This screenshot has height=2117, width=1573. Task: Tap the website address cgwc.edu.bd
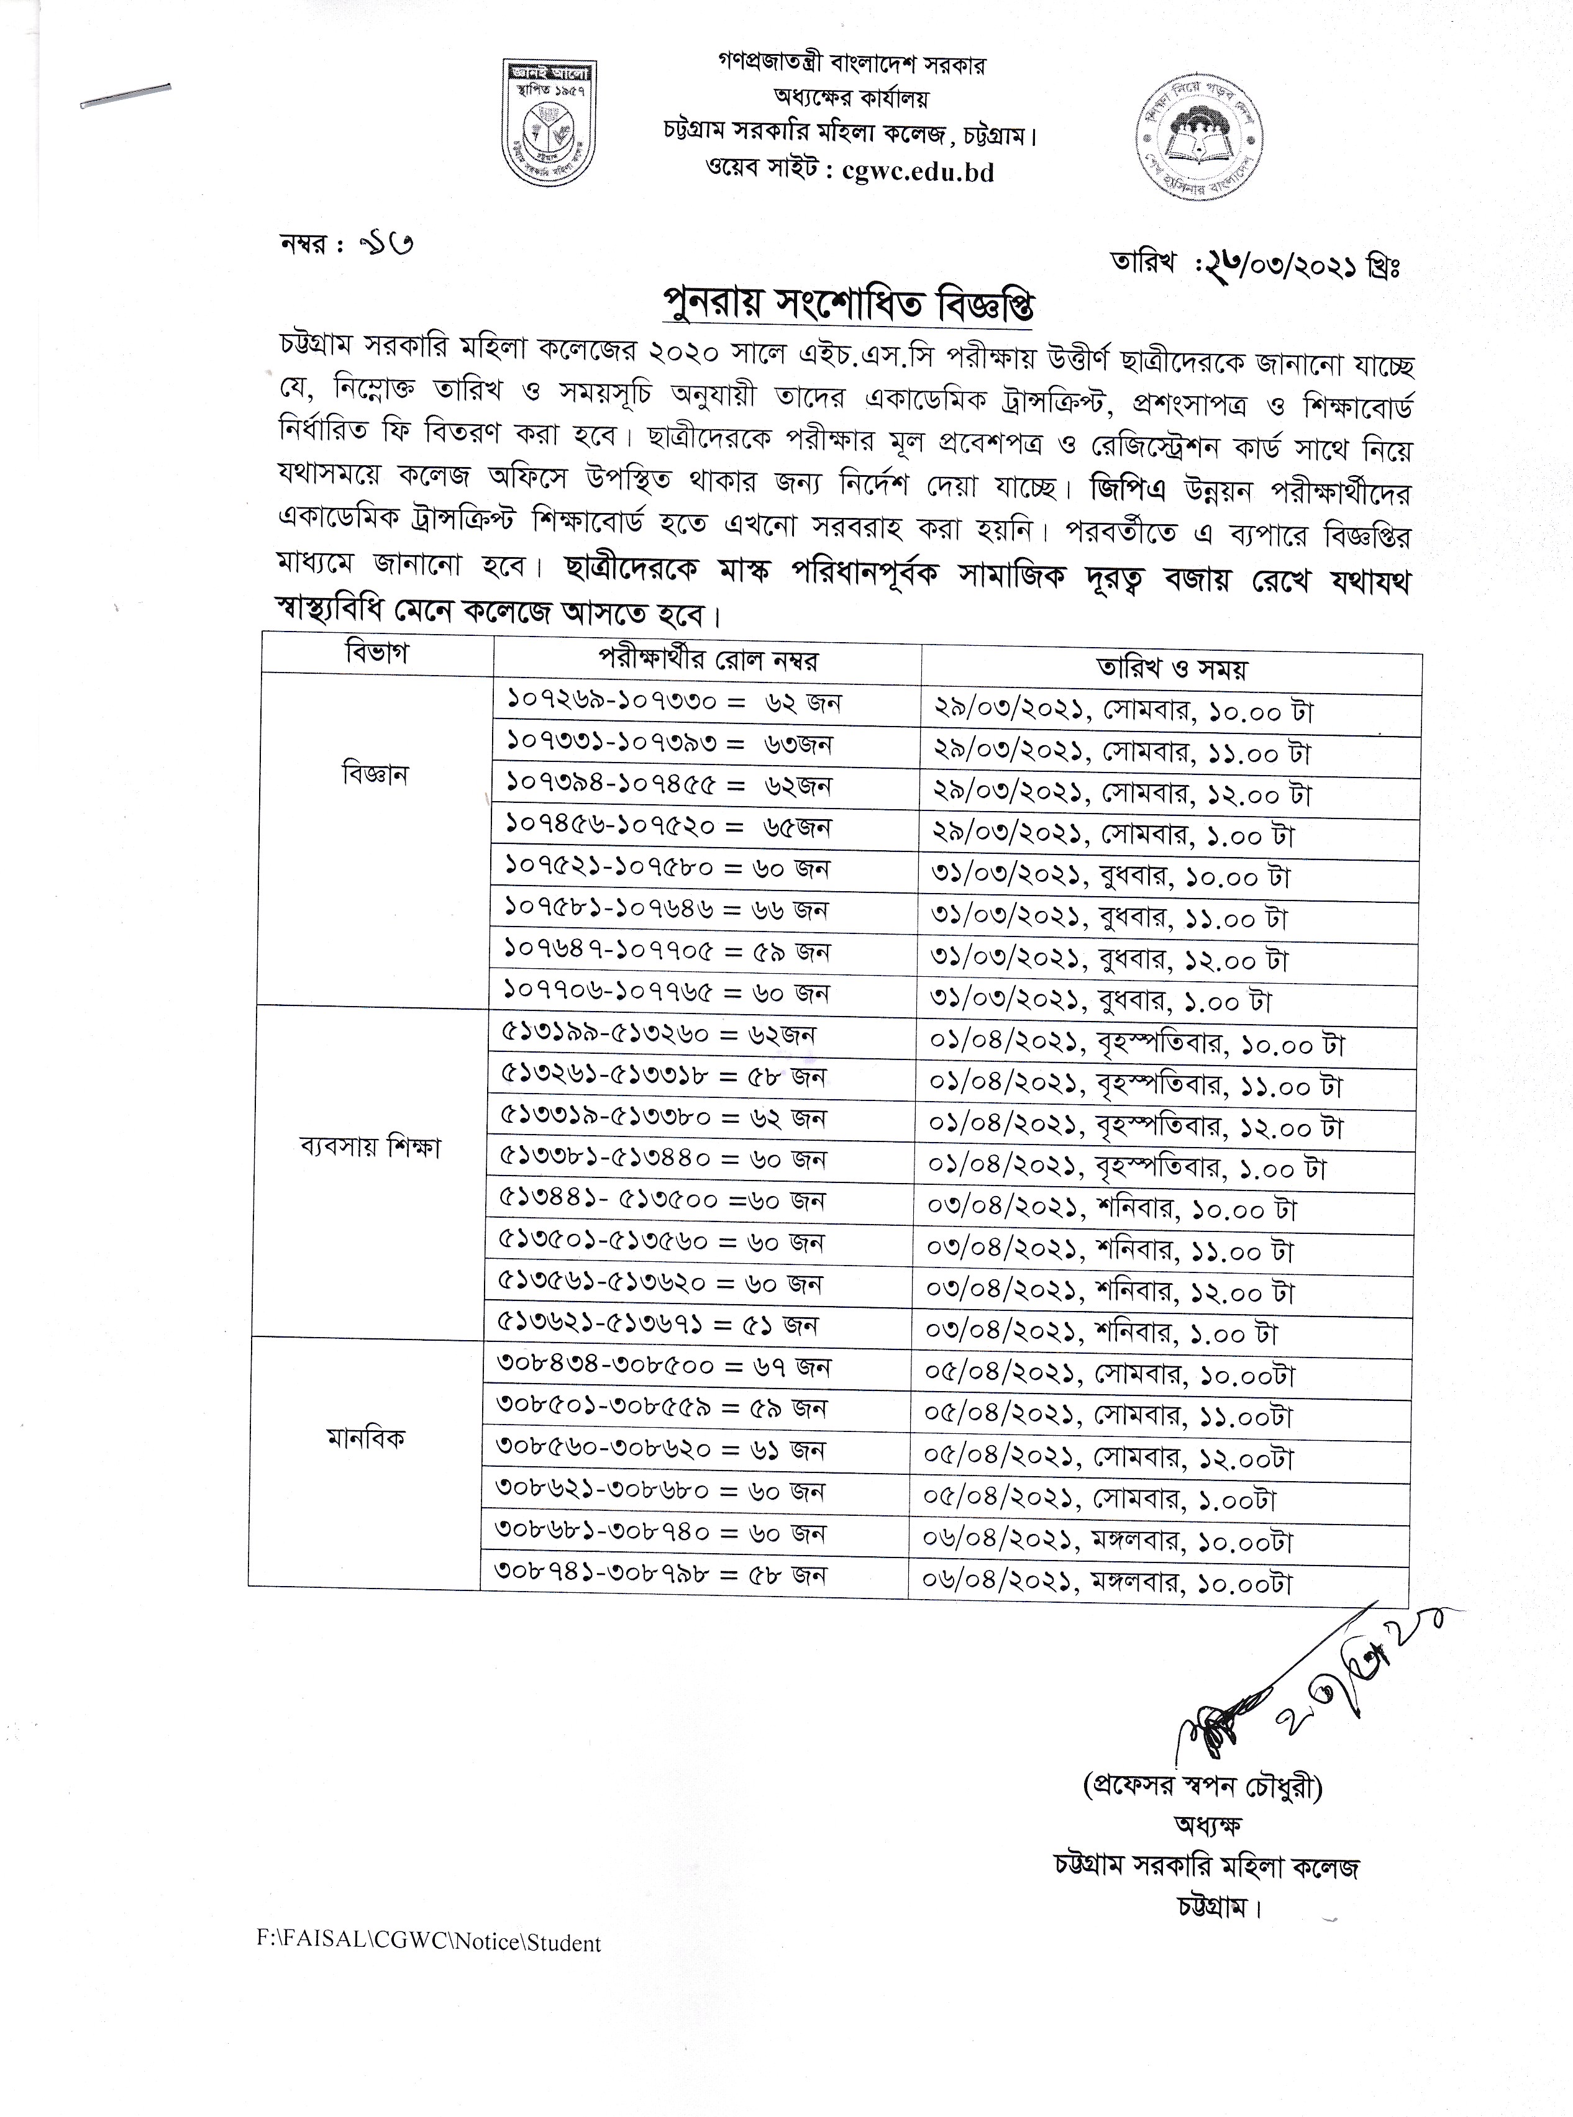pyautogui.click(x=919, y=171)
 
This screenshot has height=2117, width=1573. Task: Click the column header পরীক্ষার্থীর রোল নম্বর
pyautogui.click(x=708, y=659)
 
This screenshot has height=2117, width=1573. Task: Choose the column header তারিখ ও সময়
pyautogui.click(x=1171, y=668)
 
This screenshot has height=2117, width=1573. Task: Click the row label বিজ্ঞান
pyautogui.click(x=375, y=775)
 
